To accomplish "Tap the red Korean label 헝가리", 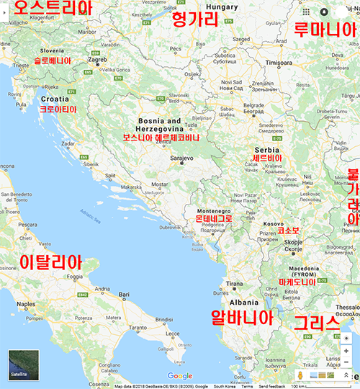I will pos(194,20).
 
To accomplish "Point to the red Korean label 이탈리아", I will pos(50,261).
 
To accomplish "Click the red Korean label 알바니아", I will pos(242,317).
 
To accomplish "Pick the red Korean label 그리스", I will pos(315,323).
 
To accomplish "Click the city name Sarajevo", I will pos(181,157).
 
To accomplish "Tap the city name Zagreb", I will pos(98,60).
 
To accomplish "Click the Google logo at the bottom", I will pos(180,376).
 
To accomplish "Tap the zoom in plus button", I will pos(346,351).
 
